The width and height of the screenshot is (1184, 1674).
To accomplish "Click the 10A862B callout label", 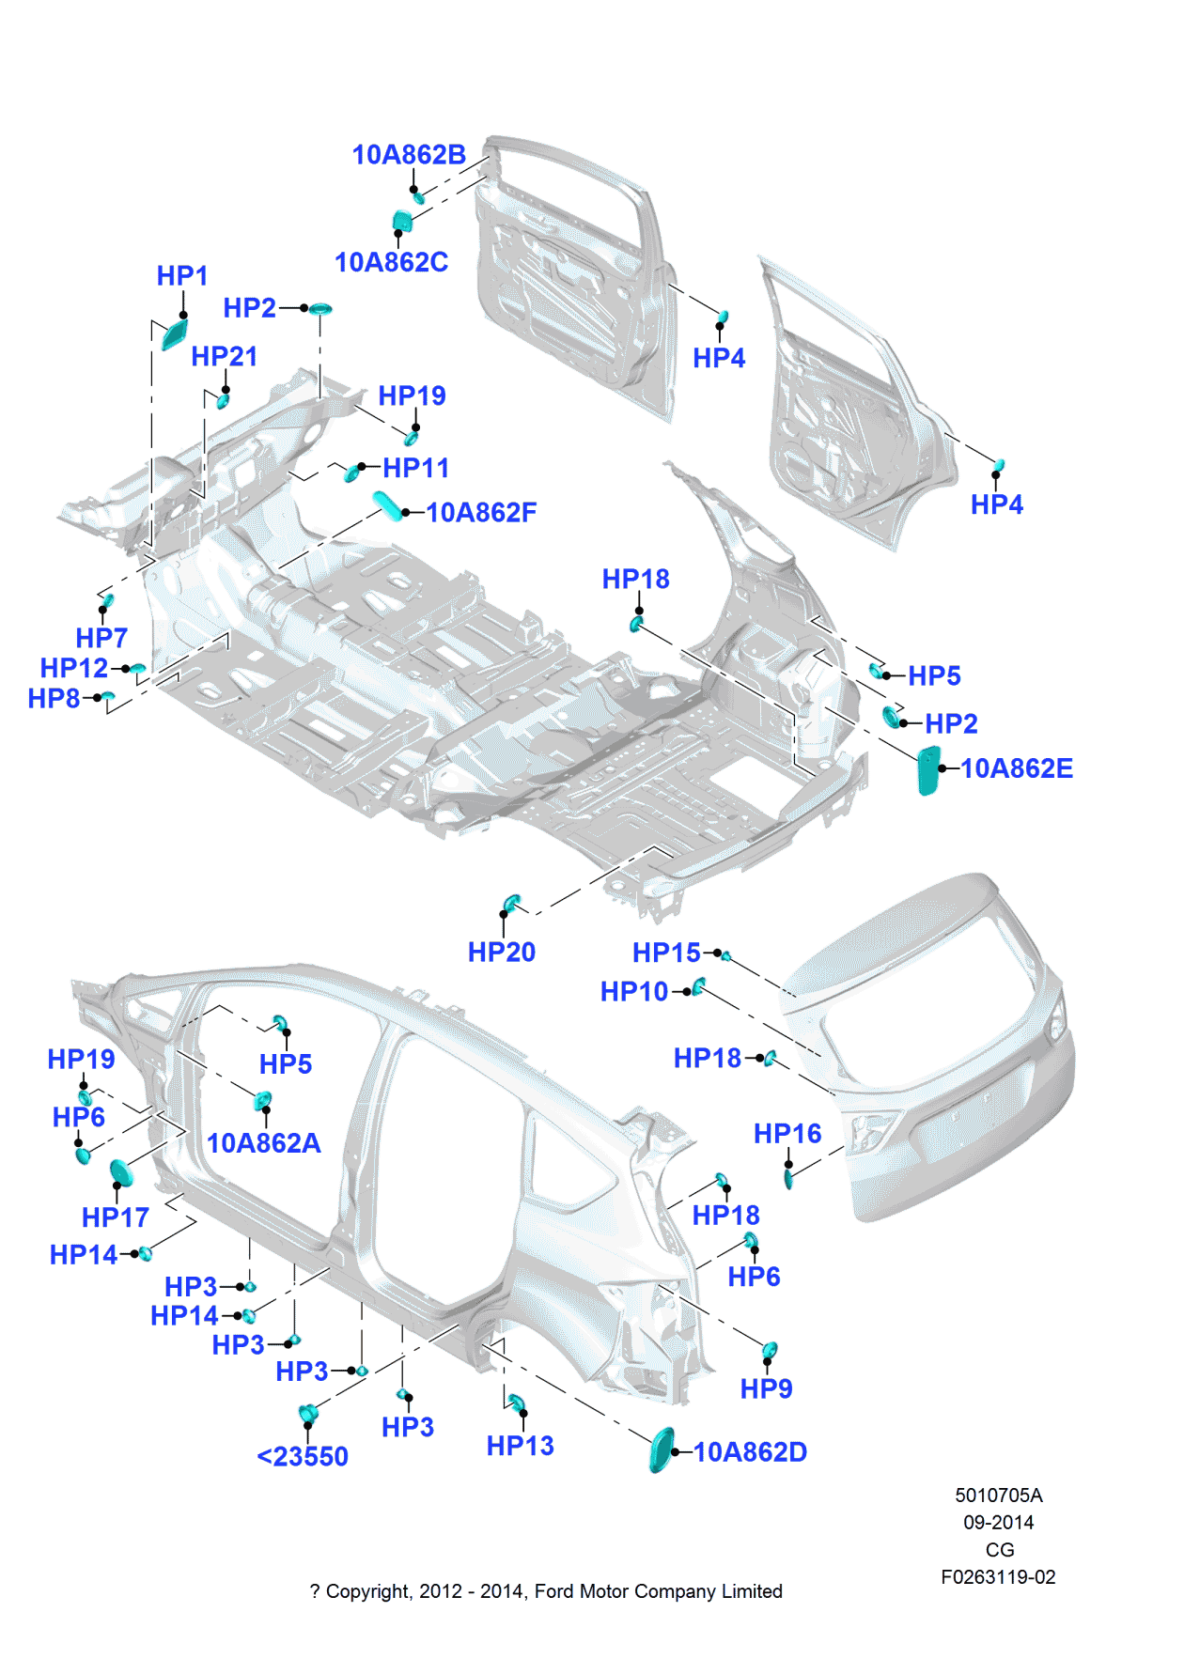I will pos(409,155).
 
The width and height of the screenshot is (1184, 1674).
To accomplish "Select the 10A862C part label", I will pos(391,262).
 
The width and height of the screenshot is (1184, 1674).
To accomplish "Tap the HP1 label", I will pos(181,276).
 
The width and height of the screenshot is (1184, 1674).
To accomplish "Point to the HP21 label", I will pos(224,357).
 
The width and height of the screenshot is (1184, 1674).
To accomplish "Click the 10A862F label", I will pos(481,513).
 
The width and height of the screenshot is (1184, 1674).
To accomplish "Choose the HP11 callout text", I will pos(415,468).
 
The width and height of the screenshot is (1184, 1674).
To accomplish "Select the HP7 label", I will pos(101,639).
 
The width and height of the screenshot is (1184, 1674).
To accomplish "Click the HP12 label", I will pos(73,668).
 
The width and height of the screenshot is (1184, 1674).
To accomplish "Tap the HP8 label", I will pos(54,699).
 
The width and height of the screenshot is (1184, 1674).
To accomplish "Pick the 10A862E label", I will pos(1016,769).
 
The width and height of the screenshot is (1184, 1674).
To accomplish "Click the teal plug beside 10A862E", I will pos(927,770).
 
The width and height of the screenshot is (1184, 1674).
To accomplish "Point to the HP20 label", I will pos(501,953).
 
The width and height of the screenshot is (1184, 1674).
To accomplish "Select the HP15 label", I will pos(666,953).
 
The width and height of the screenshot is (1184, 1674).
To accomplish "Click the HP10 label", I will pos(634,992).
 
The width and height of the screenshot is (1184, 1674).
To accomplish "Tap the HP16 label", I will pos(787,1135).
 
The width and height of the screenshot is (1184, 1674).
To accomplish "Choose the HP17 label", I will pos(115,1218).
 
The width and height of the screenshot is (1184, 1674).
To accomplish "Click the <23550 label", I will pos(303,1457).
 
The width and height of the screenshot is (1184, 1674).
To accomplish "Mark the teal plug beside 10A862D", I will pos(662,1450).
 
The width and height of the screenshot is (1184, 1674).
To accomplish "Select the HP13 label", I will pos(520,1447).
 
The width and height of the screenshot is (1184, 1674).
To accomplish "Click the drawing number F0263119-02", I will pos(998,1577).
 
